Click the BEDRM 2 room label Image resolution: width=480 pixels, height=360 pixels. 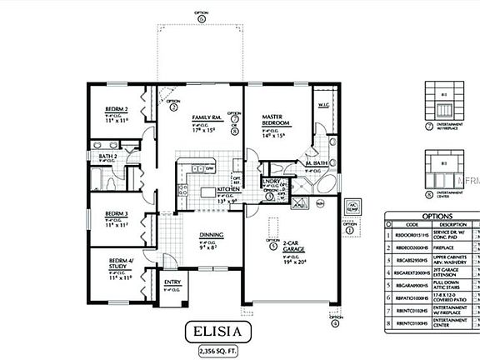tap(116, 109)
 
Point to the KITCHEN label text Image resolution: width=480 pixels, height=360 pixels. tap(205, 190)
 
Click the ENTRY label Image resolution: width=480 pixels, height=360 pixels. tap(172, 282)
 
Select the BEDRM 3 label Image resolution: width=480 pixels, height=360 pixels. tap(115, 213)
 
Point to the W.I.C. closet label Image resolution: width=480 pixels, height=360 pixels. tap(324, 105)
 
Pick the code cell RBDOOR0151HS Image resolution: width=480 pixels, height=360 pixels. tap(414, 236)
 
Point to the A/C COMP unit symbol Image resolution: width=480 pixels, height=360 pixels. tap(352, 206)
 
